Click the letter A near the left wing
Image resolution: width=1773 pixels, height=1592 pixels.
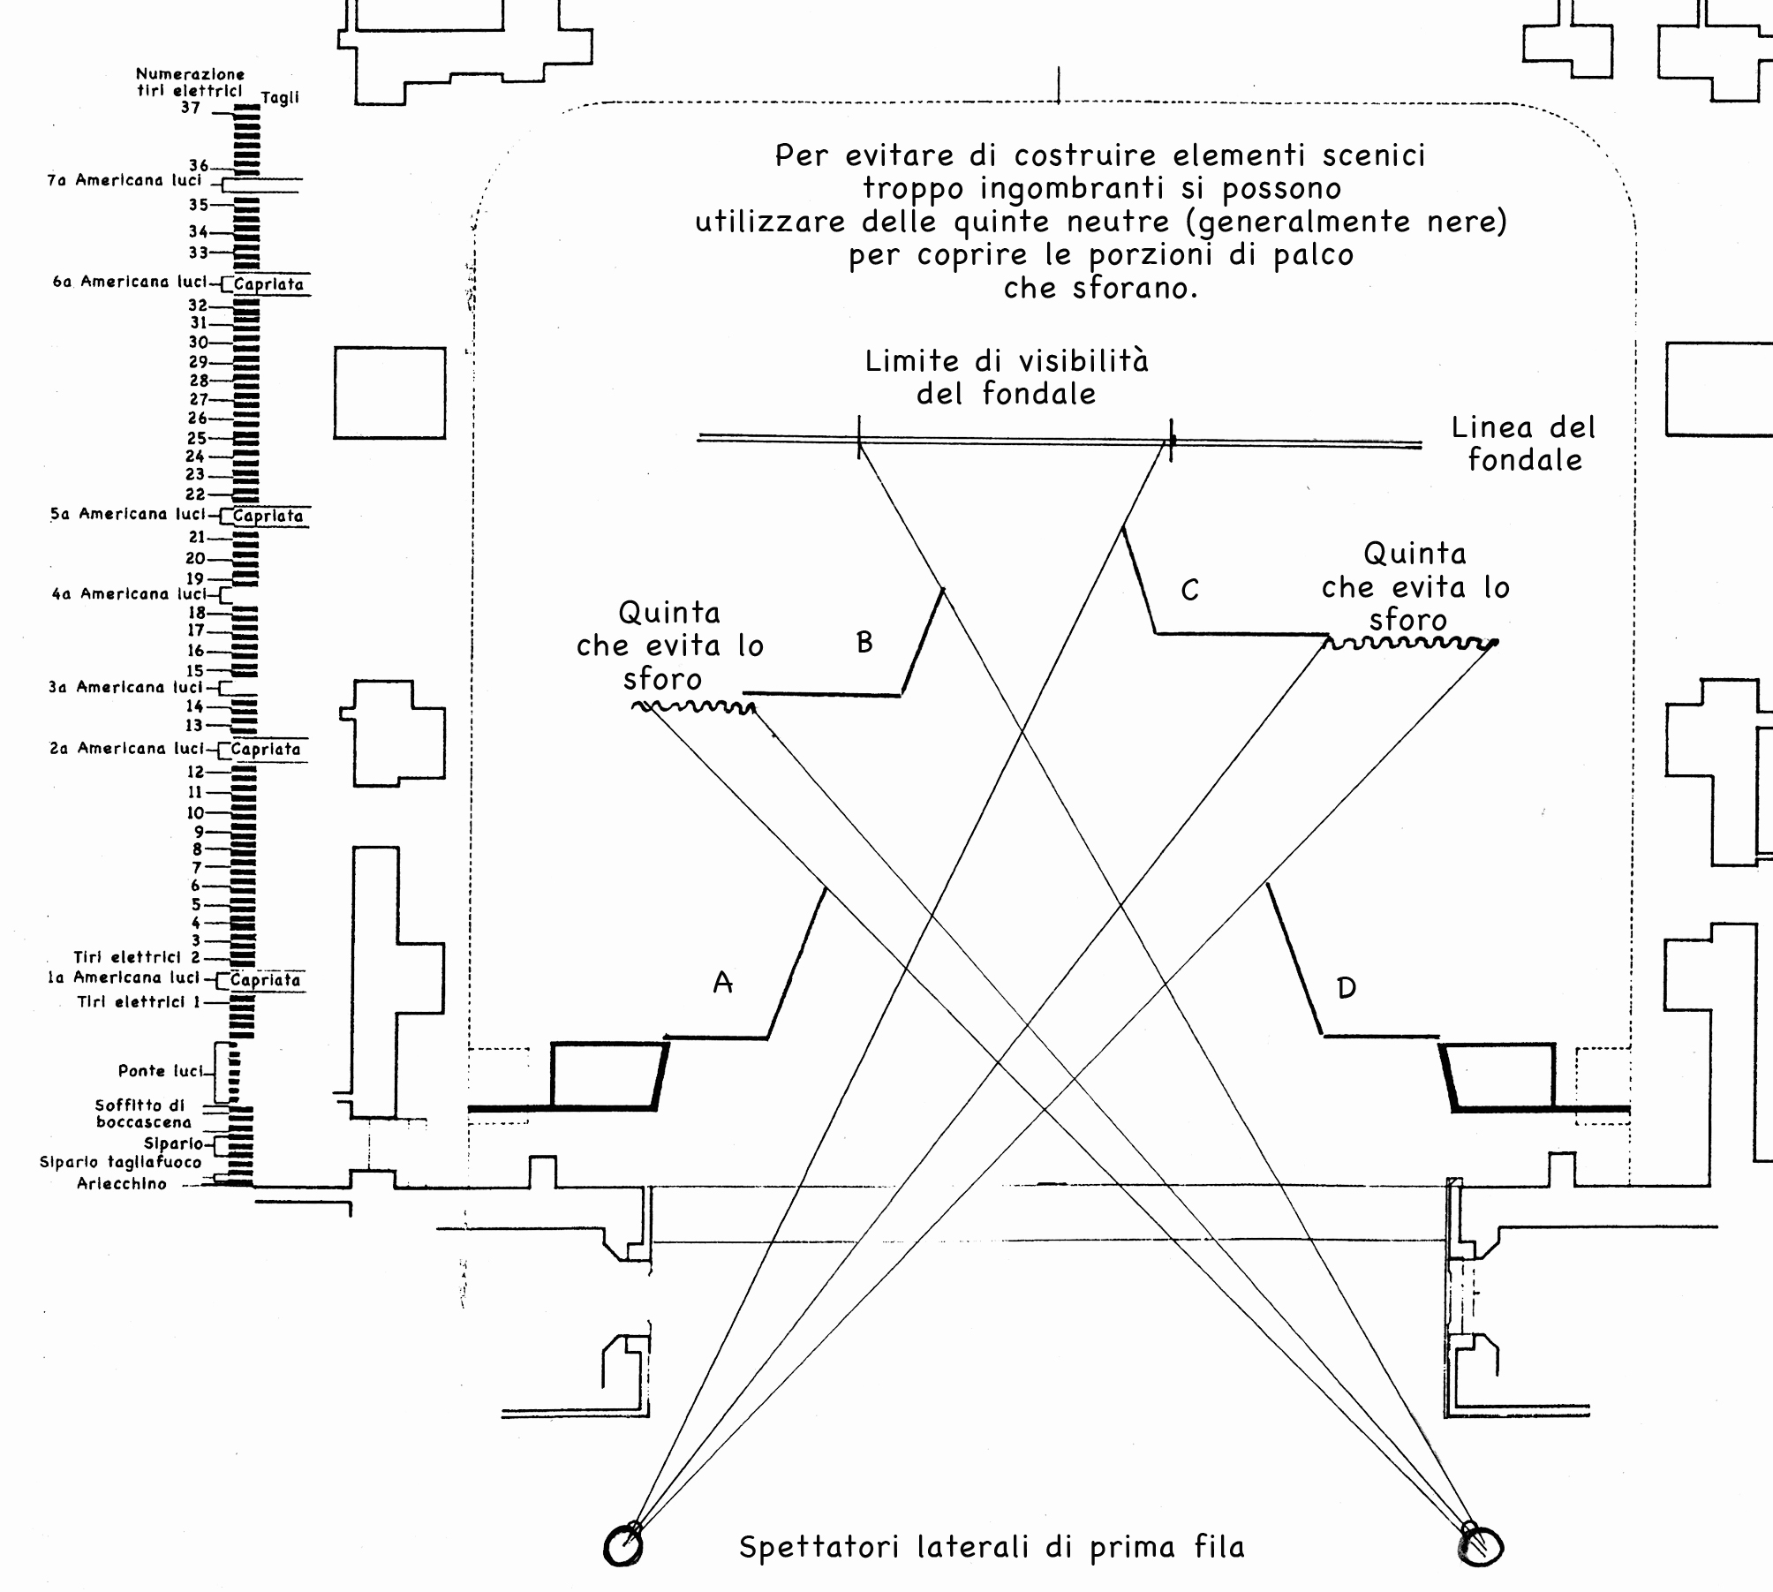click(723, 982)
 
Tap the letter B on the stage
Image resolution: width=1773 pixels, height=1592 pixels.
click(864, 642)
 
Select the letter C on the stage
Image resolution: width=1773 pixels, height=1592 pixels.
click(1190, 590)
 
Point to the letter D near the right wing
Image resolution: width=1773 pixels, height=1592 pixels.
click(1347, 987)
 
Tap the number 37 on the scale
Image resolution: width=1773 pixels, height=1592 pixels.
click(191, 109)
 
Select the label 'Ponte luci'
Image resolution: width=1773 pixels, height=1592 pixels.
click(160, 1071)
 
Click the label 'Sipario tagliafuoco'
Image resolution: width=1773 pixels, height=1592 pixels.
click(121, 1163)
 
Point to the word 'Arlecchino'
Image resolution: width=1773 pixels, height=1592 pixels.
click(122, 1185)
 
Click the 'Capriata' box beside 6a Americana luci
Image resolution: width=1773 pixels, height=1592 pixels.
click(268, 284)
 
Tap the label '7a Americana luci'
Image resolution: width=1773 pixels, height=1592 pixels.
click(124, 181)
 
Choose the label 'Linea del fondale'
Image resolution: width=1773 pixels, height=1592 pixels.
click(1524, 443)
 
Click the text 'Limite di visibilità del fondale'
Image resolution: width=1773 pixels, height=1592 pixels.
click(1007, 377)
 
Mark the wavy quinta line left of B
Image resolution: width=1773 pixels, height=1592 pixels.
click(693, 706)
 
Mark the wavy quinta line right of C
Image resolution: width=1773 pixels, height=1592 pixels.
click(1410, 643)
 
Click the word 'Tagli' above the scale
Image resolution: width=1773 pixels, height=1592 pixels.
click(280, 98)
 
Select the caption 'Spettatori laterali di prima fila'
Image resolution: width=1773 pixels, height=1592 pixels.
click(992, 1547)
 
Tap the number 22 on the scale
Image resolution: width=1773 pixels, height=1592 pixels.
click(195, 494)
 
